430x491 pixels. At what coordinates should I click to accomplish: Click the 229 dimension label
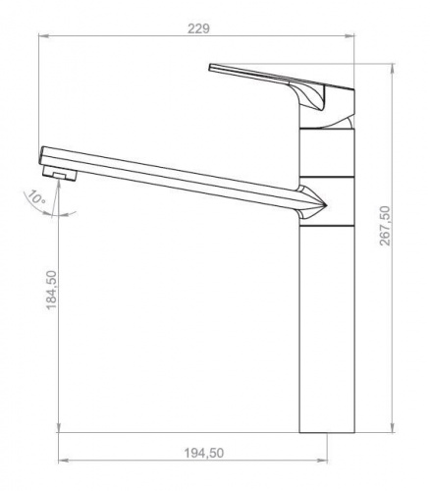tap(198, 28)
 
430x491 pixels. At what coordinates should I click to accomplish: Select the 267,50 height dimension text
tap(385, 226)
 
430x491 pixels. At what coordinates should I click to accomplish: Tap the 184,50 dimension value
tap(51, 290)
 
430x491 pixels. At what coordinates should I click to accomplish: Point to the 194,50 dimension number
tap(204, 453)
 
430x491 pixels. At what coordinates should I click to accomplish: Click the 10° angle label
tap(35, 197)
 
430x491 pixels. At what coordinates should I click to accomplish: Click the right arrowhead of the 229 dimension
tap(349, 36)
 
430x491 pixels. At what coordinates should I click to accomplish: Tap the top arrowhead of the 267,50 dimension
tap(393, 69)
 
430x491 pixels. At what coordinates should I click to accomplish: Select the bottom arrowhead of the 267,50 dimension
tap(393, 427)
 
